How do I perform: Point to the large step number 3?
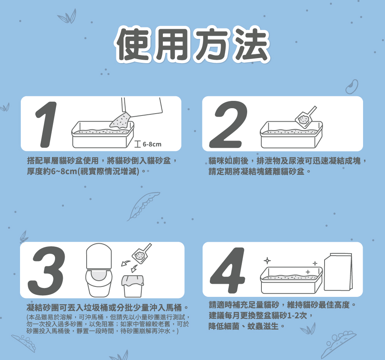pos(46,270)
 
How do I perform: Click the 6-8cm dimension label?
pos(152,144)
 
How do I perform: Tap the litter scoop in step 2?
pos(306,117)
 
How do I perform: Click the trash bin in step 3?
pos(133,285)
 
